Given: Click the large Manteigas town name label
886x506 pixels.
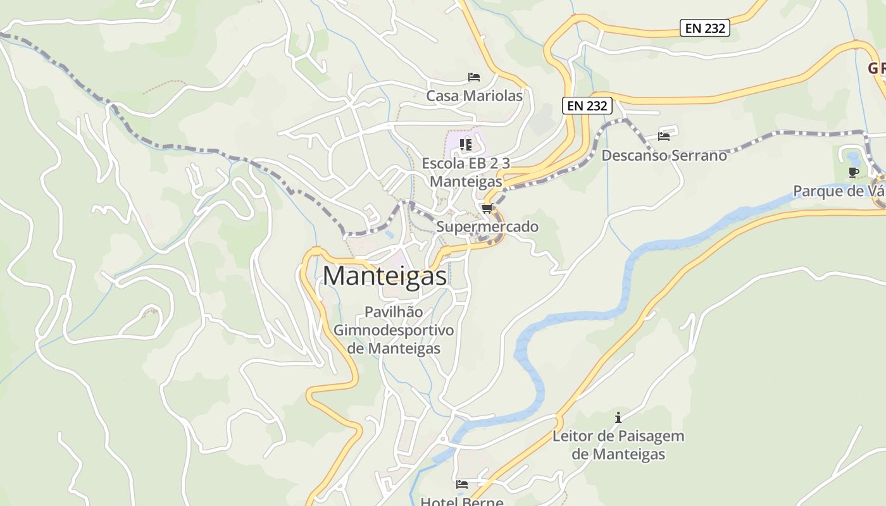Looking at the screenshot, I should coord(385,276).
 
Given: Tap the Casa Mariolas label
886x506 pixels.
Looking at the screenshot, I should coord(474,96).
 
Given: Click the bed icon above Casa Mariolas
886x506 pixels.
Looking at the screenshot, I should coord(473,77).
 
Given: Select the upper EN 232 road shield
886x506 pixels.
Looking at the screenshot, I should coord(705,28).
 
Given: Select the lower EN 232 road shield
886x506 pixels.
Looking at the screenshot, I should coord(587,106).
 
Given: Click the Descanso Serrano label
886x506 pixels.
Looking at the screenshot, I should coord(664,155).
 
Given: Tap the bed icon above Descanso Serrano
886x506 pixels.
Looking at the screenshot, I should coord(663,136).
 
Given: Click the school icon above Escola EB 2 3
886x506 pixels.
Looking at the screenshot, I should coord(466,145).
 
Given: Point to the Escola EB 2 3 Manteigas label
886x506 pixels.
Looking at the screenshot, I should coord(466,172).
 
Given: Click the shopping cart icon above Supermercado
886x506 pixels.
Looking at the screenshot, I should coord(487,208).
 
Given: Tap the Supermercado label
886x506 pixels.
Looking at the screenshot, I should coord(487,227).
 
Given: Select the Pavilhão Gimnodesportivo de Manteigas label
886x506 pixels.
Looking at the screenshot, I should coord(394,330).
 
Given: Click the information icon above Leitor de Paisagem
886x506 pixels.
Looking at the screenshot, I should coord(618,417).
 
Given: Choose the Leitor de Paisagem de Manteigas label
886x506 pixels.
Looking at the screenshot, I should coord(618,445).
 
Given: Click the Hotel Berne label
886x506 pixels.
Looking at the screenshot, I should coord(462,502).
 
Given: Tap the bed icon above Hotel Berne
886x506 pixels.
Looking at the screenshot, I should coord(462,484).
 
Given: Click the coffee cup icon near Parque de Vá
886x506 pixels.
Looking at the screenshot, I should coord(853,172).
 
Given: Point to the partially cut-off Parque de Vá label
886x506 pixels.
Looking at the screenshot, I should coord(839,191).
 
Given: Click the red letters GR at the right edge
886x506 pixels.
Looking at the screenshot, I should coord(876,68).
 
